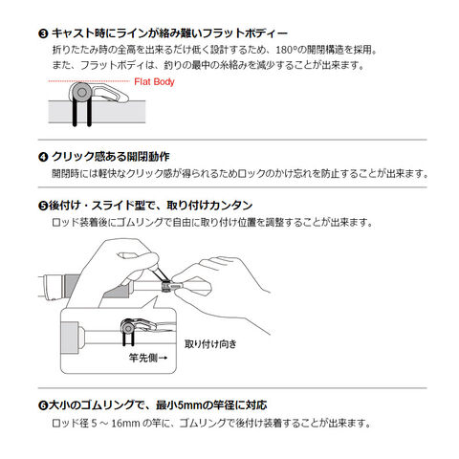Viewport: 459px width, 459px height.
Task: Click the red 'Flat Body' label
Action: pos(154,82)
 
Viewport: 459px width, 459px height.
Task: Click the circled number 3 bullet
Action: pos(43,33)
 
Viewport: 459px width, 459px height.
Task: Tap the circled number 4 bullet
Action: pos(43,157)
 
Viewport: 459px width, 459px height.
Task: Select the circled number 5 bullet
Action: pos(43,206)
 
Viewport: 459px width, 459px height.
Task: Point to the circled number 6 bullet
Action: pos(43,405)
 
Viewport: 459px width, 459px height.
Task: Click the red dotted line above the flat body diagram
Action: pos(89,81)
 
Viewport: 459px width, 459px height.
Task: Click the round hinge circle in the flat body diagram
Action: pos(81,93)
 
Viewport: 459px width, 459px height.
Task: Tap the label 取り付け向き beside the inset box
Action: pos(210,344)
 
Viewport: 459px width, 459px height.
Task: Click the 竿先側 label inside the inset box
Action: pos(143,358)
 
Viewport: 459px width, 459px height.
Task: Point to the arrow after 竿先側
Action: pos(163,358)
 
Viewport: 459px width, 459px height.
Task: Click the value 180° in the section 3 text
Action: pos(287,50)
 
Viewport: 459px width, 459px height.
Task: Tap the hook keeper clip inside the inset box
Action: pos(138,327)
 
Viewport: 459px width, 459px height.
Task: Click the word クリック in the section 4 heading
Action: pos(73,157)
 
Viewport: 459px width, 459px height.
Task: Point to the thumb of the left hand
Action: pos(138,257)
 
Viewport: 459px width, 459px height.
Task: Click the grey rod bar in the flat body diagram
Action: pos(97,112)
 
